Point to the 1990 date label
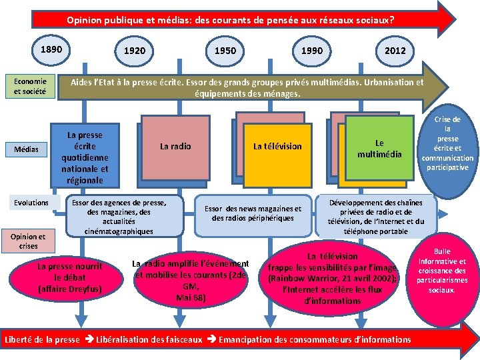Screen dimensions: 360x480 311,51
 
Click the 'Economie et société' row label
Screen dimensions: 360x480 30,87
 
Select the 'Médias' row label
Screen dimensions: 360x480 27,149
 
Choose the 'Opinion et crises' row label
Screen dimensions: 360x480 29,241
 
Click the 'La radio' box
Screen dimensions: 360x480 175,147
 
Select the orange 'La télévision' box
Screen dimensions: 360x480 277,147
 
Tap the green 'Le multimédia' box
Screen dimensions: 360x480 379,148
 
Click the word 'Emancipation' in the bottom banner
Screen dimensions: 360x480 247,339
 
